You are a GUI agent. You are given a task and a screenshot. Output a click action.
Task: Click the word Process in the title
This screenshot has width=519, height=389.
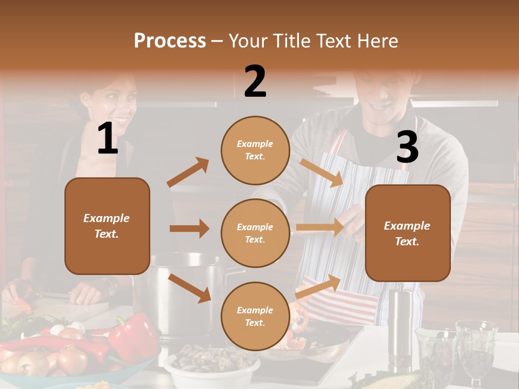[x=170, y=41]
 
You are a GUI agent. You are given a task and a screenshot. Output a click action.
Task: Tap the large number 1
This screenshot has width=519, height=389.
[x=108, y=139]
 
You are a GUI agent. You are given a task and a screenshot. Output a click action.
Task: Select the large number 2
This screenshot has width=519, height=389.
[x=255, y=82]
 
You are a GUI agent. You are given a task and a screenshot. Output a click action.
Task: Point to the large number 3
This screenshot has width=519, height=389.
[x=407, y=147]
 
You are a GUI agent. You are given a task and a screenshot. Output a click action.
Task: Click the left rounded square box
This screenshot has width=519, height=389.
[x=107, y=226]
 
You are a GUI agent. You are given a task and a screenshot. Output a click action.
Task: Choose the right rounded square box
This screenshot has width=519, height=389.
[x=408, y=233]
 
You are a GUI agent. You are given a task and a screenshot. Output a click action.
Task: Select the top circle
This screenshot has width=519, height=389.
[x=255, y=150]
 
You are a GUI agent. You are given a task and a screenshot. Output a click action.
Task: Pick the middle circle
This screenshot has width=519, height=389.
[x=255, y=233]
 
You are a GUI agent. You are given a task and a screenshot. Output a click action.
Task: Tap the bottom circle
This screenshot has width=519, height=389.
[x=255, y=316]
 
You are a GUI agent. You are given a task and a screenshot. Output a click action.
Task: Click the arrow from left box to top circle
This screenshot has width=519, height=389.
[x=188, y=172]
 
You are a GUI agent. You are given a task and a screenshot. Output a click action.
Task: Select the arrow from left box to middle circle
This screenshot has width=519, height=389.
[x=189, y=229]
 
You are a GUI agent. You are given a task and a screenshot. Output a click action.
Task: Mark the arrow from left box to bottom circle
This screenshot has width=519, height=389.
[x=190, y=288]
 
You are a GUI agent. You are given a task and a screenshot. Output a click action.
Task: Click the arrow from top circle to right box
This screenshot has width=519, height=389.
[x=321, y=172]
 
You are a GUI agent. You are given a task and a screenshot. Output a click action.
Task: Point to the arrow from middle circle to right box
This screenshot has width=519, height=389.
[x=320, y=227]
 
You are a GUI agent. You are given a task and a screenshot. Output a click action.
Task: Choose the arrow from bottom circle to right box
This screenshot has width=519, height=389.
[x=318, y=286]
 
